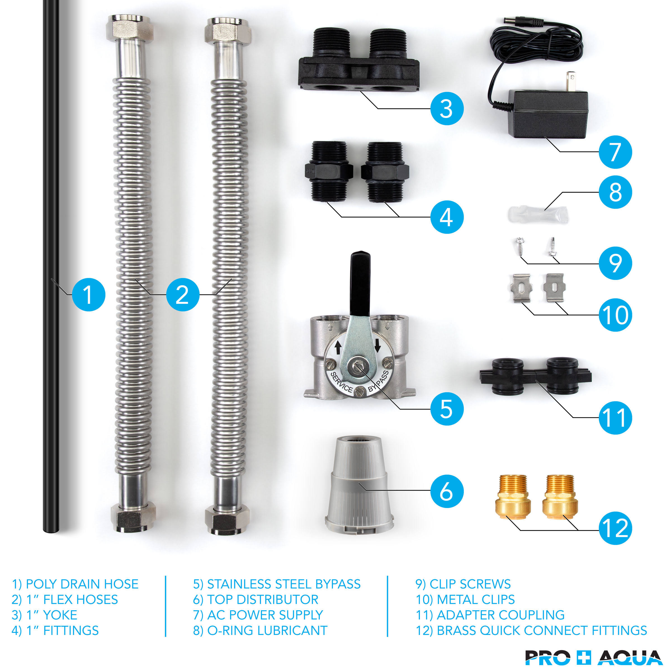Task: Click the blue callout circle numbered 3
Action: coord(447,109)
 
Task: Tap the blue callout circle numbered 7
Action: coord(615,152)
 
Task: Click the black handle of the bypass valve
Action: coord(360,283)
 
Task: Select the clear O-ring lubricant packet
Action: coord(538,214)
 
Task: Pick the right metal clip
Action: coord(554,287)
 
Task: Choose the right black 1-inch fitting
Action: coord(385,172)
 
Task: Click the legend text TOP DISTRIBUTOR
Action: coord(263,599)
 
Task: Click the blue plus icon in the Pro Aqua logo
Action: coord(584,658)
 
